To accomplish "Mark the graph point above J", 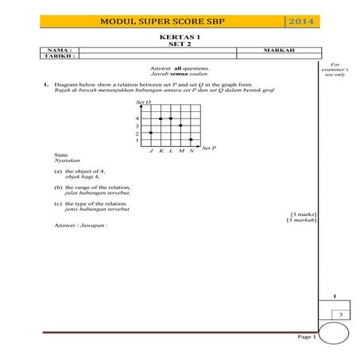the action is pyautogui.click(x=150, y=133).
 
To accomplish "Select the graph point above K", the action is pyautogui.click(x=161, y=118).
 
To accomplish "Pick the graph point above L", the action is pyautogui.click(x=171, y=118).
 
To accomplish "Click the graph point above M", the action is pyautogui.click(x=181, y=126).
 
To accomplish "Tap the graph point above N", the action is pyautogui.click(x=191, y=140).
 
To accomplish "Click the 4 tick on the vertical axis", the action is pyautogui.click(x=137, y=118).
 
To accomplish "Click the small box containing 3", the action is pyautogui.click(x=339, y=315).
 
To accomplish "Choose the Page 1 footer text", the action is pyautogui.click(x=307, y=338).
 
